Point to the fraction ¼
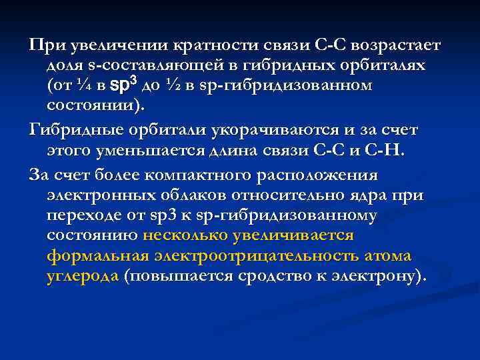click(81, 86)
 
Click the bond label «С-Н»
click(385, 148)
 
